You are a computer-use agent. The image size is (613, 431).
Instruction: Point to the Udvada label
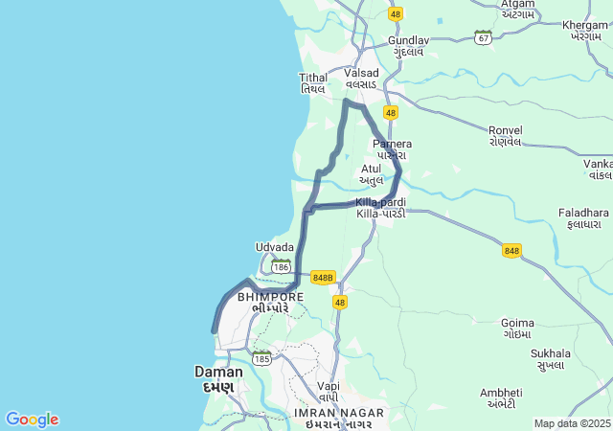point(275,247)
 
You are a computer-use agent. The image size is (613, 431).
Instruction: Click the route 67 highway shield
point(484,37)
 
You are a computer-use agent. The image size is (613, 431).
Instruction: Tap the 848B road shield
point(323,278)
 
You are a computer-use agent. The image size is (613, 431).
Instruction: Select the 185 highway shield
point(261,358)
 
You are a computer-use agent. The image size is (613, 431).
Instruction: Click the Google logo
point(32,420)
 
